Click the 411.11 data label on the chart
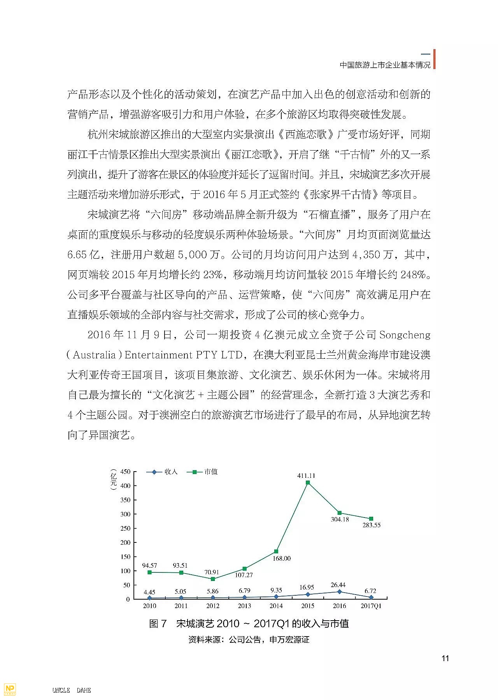tap(306, 475)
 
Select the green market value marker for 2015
tap(308, 482)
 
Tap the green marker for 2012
tap(213, 579)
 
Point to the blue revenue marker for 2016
tap(340, 591)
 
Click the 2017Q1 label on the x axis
tap(371, 606)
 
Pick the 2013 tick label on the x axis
tap(244, 606)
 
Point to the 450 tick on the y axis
tap(125, 472)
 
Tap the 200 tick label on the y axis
tap(125, 542)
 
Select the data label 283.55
tap(372, 525)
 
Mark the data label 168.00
tap(281, 558)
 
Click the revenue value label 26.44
tap(338, 585)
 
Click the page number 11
tap(445, 658)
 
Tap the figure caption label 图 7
tap(158, 623)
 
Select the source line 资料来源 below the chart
tap(249, 640)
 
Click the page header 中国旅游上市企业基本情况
tap(385, 65)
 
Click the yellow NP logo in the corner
tap(9, 689)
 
